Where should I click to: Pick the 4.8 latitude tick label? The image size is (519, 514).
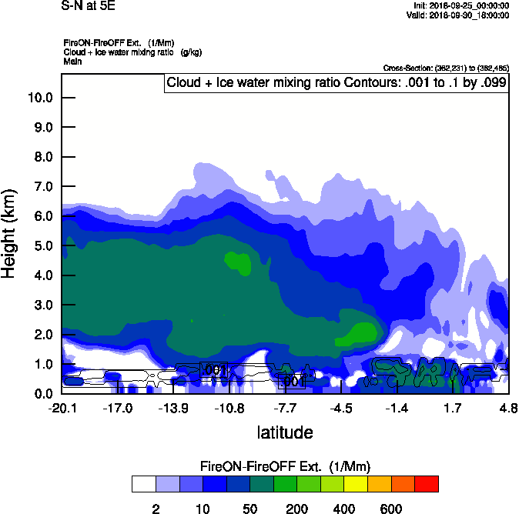(507, 408)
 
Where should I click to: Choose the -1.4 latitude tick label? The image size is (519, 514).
(397, 408)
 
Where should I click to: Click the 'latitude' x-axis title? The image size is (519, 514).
(285, 432)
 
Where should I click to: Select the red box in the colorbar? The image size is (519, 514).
(427, 483)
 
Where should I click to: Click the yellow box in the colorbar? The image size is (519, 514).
(356, 483)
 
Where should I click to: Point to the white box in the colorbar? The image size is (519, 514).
(143, 483)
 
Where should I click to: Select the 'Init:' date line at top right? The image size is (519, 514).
(460, 5)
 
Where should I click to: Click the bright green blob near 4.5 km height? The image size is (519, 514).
(238, 262)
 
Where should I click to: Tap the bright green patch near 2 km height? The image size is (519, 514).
(360, 333)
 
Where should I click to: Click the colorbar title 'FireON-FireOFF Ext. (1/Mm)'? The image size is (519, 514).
(286, 467)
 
